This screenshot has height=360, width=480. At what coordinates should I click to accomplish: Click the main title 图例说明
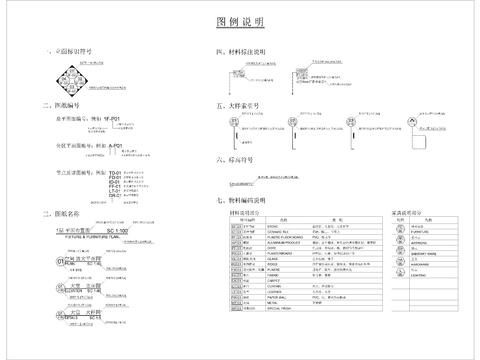240,21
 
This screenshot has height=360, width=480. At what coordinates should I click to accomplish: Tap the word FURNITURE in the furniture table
417,233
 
